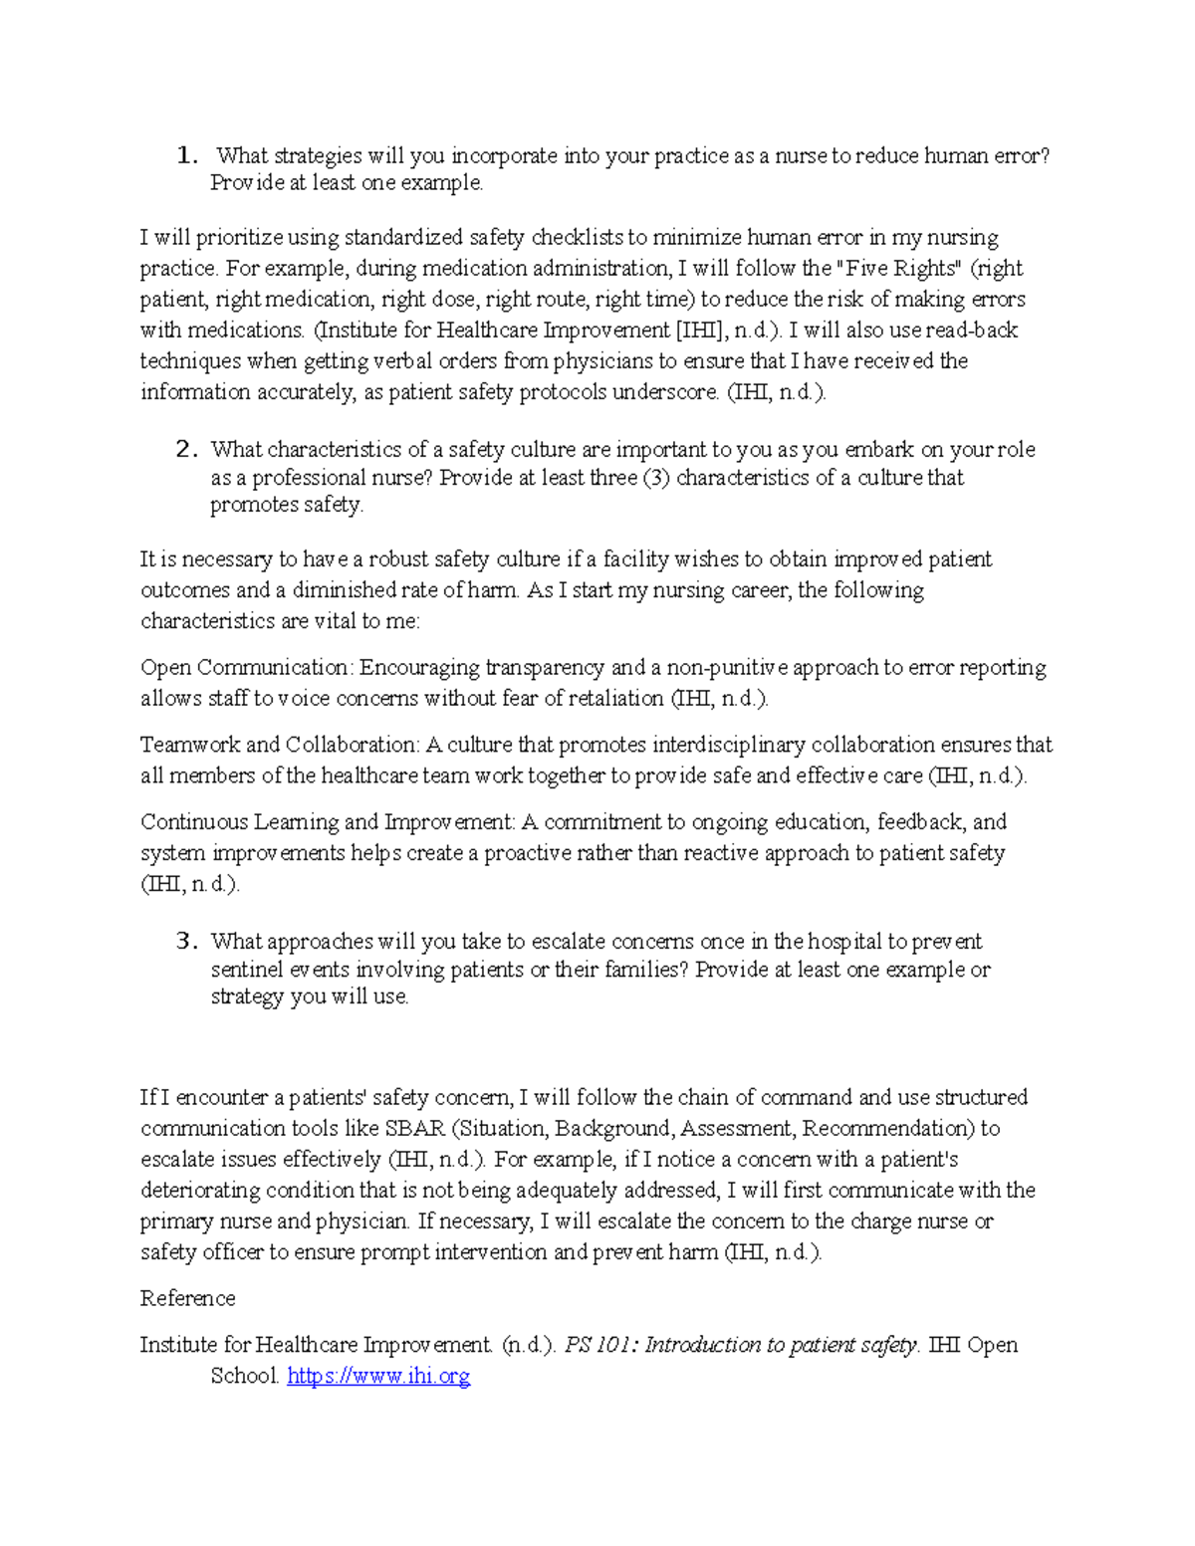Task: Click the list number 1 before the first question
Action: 186,155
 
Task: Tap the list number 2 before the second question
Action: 186,450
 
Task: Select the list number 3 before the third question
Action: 186,942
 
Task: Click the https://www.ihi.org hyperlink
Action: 378,1376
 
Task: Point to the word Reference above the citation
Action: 187,1298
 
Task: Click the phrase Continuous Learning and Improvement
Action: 328,822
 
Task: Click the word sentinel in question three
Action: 247,970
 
